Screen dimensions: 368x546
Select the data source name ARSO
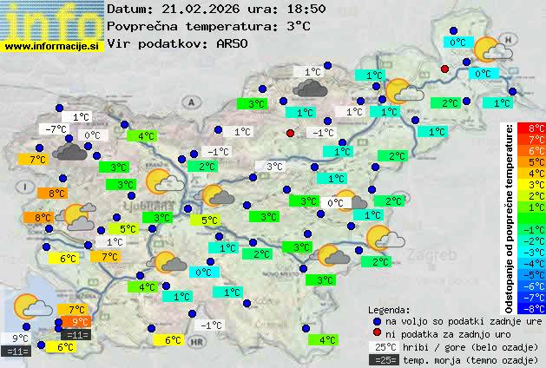point(235,43)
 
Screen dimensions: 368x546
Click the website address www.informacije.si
point(52,46)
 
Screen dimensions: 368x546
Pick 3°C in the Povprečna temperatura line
point(298,26)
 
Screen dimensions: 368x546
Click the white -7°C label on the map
point(54,129)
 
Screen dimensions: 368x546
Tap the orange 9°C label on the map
point(80,322)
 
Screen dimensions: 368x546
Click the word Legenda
point(389,309)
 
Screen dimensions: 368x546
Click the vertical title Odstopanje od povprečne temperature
point(509,217)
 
